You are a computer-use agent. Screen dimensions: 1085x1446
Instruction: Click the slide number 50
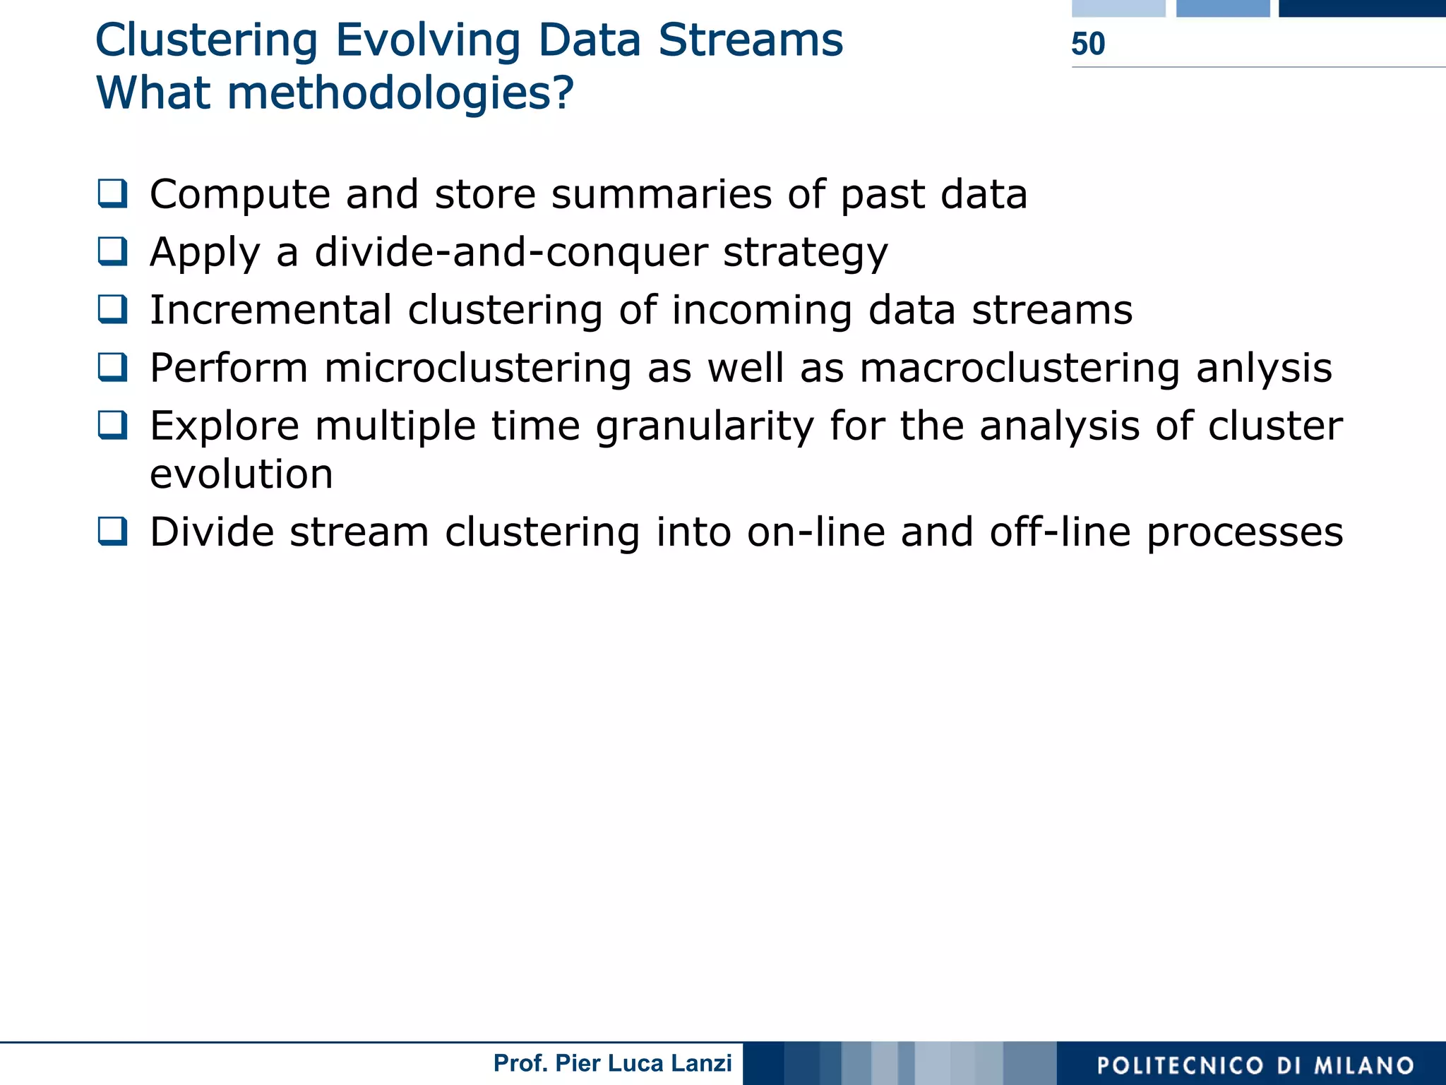point(1087,44)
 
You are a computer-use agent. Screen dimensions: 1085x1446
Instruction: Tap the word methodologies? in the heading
point(400,93)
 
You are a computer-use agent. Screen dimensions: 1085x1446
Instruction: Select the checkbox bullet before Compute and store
point(112,193)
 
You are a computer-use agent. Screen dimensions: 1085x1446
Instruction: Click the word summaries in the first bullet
point(661,194)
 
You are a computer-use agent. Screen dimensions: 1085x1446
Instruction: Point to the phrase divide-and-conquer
point(510,252)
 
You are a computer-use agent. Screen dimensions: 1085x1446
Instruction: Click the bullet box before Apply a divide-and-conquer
point(112,251)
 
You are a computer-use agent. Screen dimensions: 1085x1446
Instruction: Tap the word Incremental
point(270,310)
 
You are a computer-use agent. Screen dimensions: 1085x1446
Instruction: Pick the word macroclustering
point(1020,368)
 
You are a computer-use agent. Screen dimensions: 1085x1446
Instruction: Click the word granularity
point(705,426)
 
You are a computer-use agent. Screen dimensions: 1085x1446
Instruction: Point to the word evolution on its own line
point(241,474)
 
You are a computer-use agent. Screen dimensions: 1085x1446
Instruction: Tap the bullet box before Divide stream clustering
point(112,531)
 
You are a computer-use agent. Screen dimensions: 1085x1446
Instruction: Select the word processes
point(1244,533)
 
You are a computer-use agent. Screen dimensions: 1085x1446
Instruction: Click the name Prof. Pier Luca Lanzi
point(612,1063)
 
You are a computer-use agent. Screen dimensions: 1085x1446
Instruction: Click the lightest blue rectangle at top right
point(1118,8)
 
